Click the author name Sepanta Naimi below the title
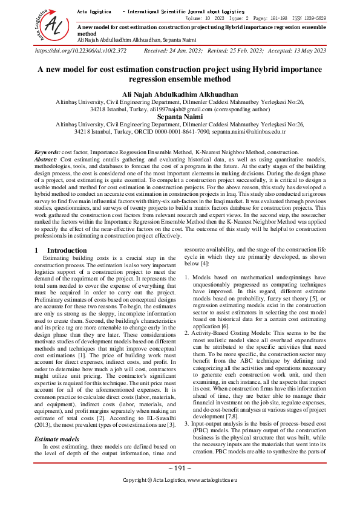[x=180, y=117]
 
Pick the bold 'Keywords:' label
[x=47, y=152]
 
